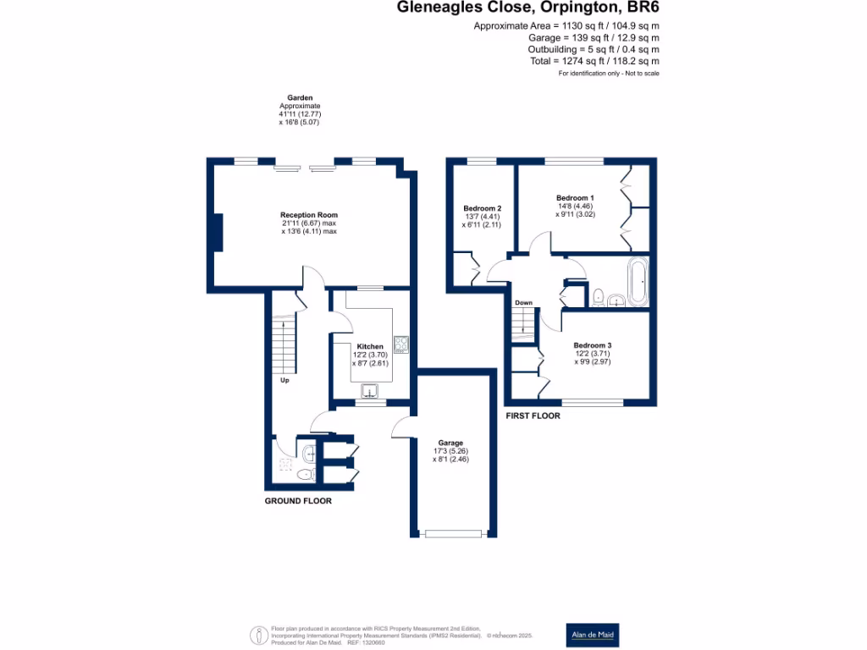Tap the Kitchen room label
370,346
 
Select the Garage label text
450,443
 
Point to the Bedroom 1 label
575,197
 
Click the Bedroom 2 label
483,208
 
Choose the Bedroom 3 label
592,345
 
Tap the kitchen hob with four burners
400,344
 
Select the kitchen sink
371,390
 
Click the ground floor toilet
306,475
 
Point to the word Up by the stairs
286,380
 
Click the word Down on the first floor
523,302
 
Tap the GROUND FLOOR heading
298,501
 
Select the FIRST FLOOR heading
533,416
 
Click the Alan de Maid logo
592,634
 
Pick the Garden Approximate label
300,105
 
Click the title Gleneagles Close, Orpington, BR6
528,8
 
